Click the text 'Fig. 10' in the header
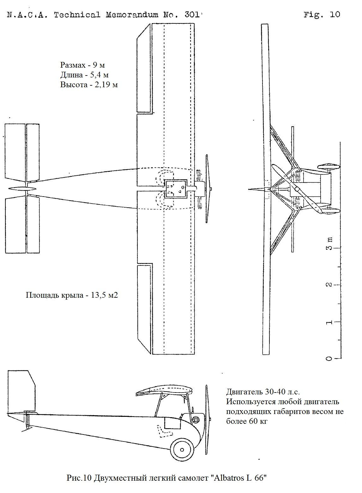322,15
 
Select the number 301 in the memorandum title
190,15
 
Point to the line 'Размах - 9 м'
82,65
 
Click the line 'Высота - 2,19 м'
89,85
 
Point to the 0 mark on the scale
329,359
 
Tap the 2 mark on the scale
329,284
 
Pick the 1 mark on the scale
329,322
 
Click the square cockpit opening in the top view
176,189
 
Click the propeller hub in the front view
297,189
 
